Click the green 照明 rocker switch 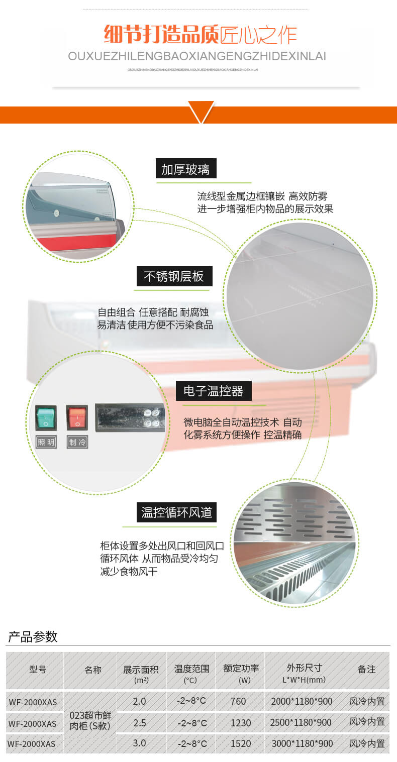click(x=46, y=417)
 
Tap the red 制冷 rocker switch click(x=77, y=417)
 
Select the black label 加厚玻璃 click(x=185, y=169)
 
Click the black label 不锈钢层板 click(x=174, y=276)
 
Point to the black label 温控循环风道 click(x=177, y=512)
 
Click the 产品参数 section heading click(x=33, y=637)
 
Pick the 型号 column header click(x=38, y=669)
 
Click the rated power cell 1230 click(x=241, y=722)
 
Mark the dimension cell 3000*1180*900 click(x=302, y=743)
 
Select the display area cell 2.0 click(x=139, y=701)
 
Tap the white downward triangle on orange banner click(x=201, y=111)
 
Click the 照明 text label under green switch click(x=46, y=442)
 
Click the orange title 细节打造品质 click(x=161, y=35)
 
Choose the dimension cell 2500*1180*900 click(x=301, y=722)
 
